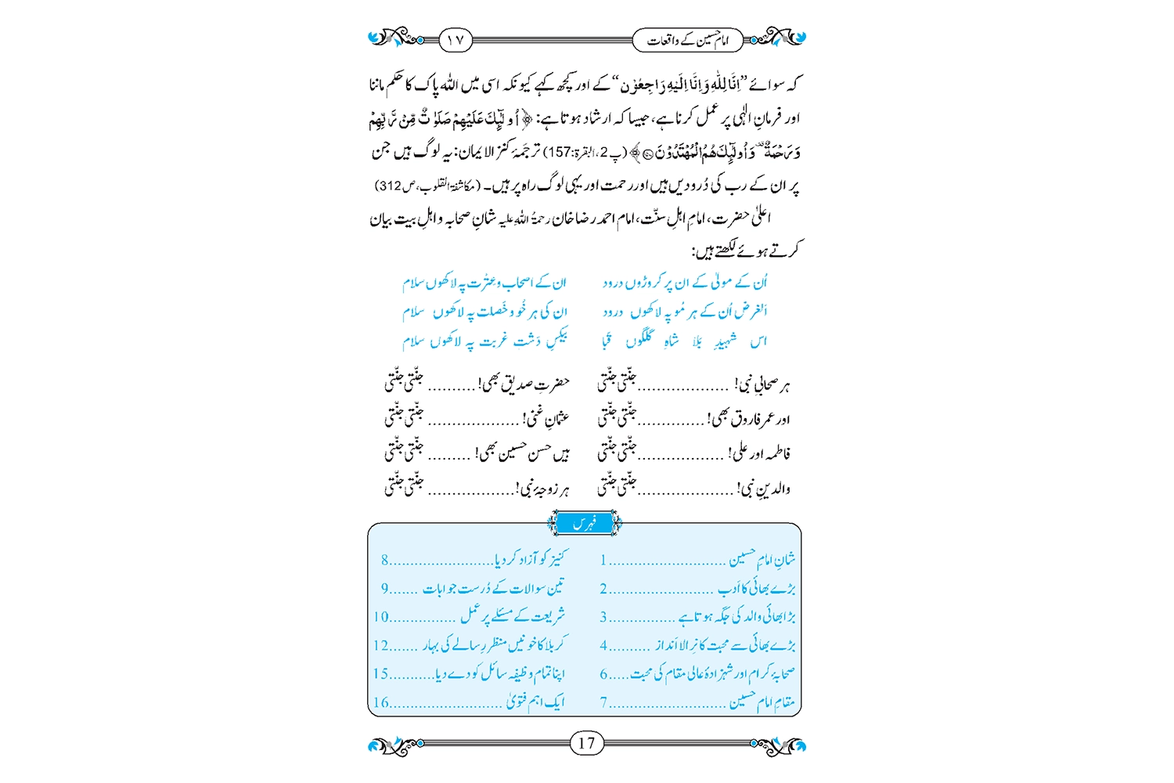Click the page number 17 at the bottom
(587, 743)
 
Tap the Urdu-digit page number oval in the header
(456, 39)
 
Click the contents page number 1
(603, 561)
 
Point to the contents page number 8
(385, 561)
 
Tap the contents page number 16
(381, 702)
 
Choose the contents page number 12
(381, 646)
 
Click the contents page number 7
(603, 702)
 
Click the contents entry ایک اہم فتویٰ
(535, 702)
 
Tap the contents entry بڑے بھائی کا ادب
(757, 588)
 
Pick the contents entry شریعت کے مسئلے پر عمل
(513, 616)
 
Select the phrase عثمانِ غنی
(547, 418)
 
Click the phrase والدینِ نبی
(765, 489)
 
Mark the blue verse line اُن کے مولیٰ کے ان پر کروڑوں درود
(686, 282)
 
